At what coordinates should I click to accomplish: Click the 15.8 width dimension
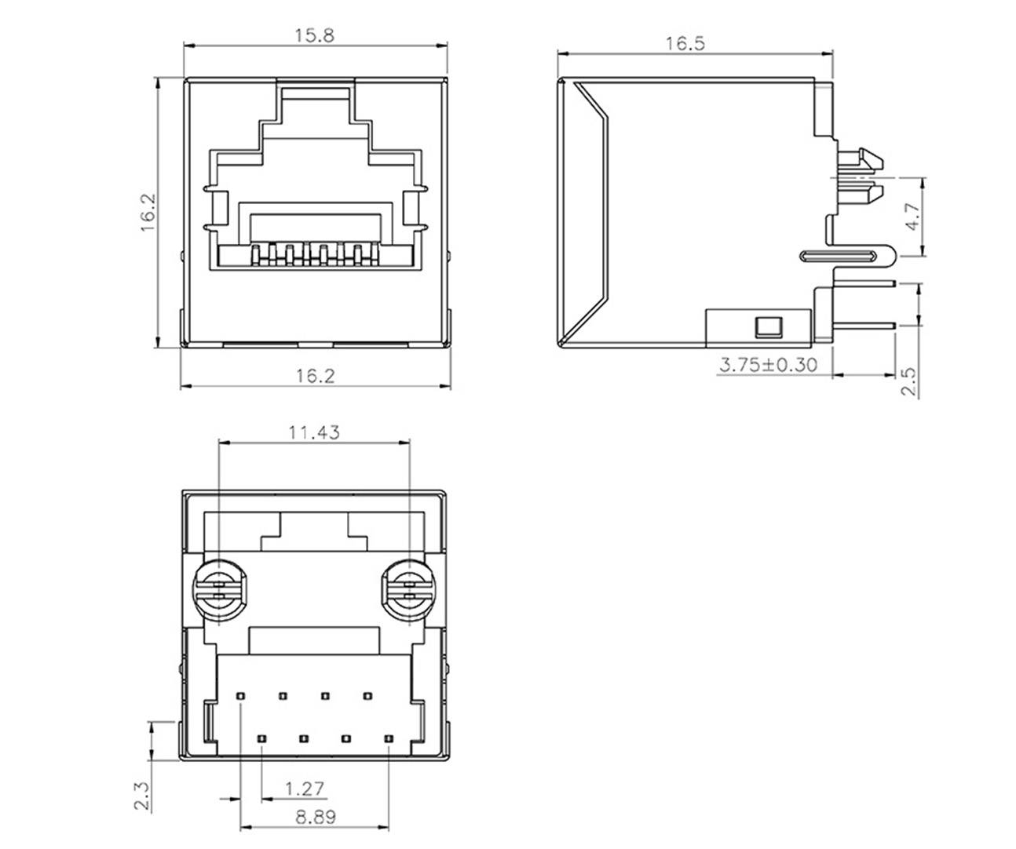(x=314, y=35)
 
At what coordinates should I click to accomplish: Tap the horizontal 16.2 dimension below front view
(x=315, y=376)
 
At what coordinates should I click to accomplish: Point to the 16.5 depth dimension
(x=685, y=43)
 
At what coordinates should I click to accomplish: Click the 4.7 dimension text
(x=911, y=217)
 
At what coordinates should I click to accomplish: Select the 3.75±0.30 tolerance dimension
(x=767, y=365)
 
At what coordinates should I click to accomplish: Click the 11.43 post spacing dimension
(x=314, y=432)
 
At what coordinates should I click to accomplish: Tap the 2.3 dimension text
(x=142, y=793)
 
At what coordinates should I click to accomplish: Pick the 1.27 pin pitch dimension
(x=304, y=787)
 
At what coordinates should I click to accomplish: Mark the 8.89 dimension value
(x=316, y=816)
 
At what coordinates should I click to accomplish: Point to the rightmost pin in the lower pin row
(x=388, y=738)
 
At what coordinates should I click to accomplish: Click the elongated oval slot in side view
(x=839, y=256)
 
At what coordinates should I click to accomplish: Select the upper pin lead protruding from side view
(x=864, y=284)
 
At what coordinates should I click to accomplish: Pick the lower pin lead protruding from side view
(x=864, y=325)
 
